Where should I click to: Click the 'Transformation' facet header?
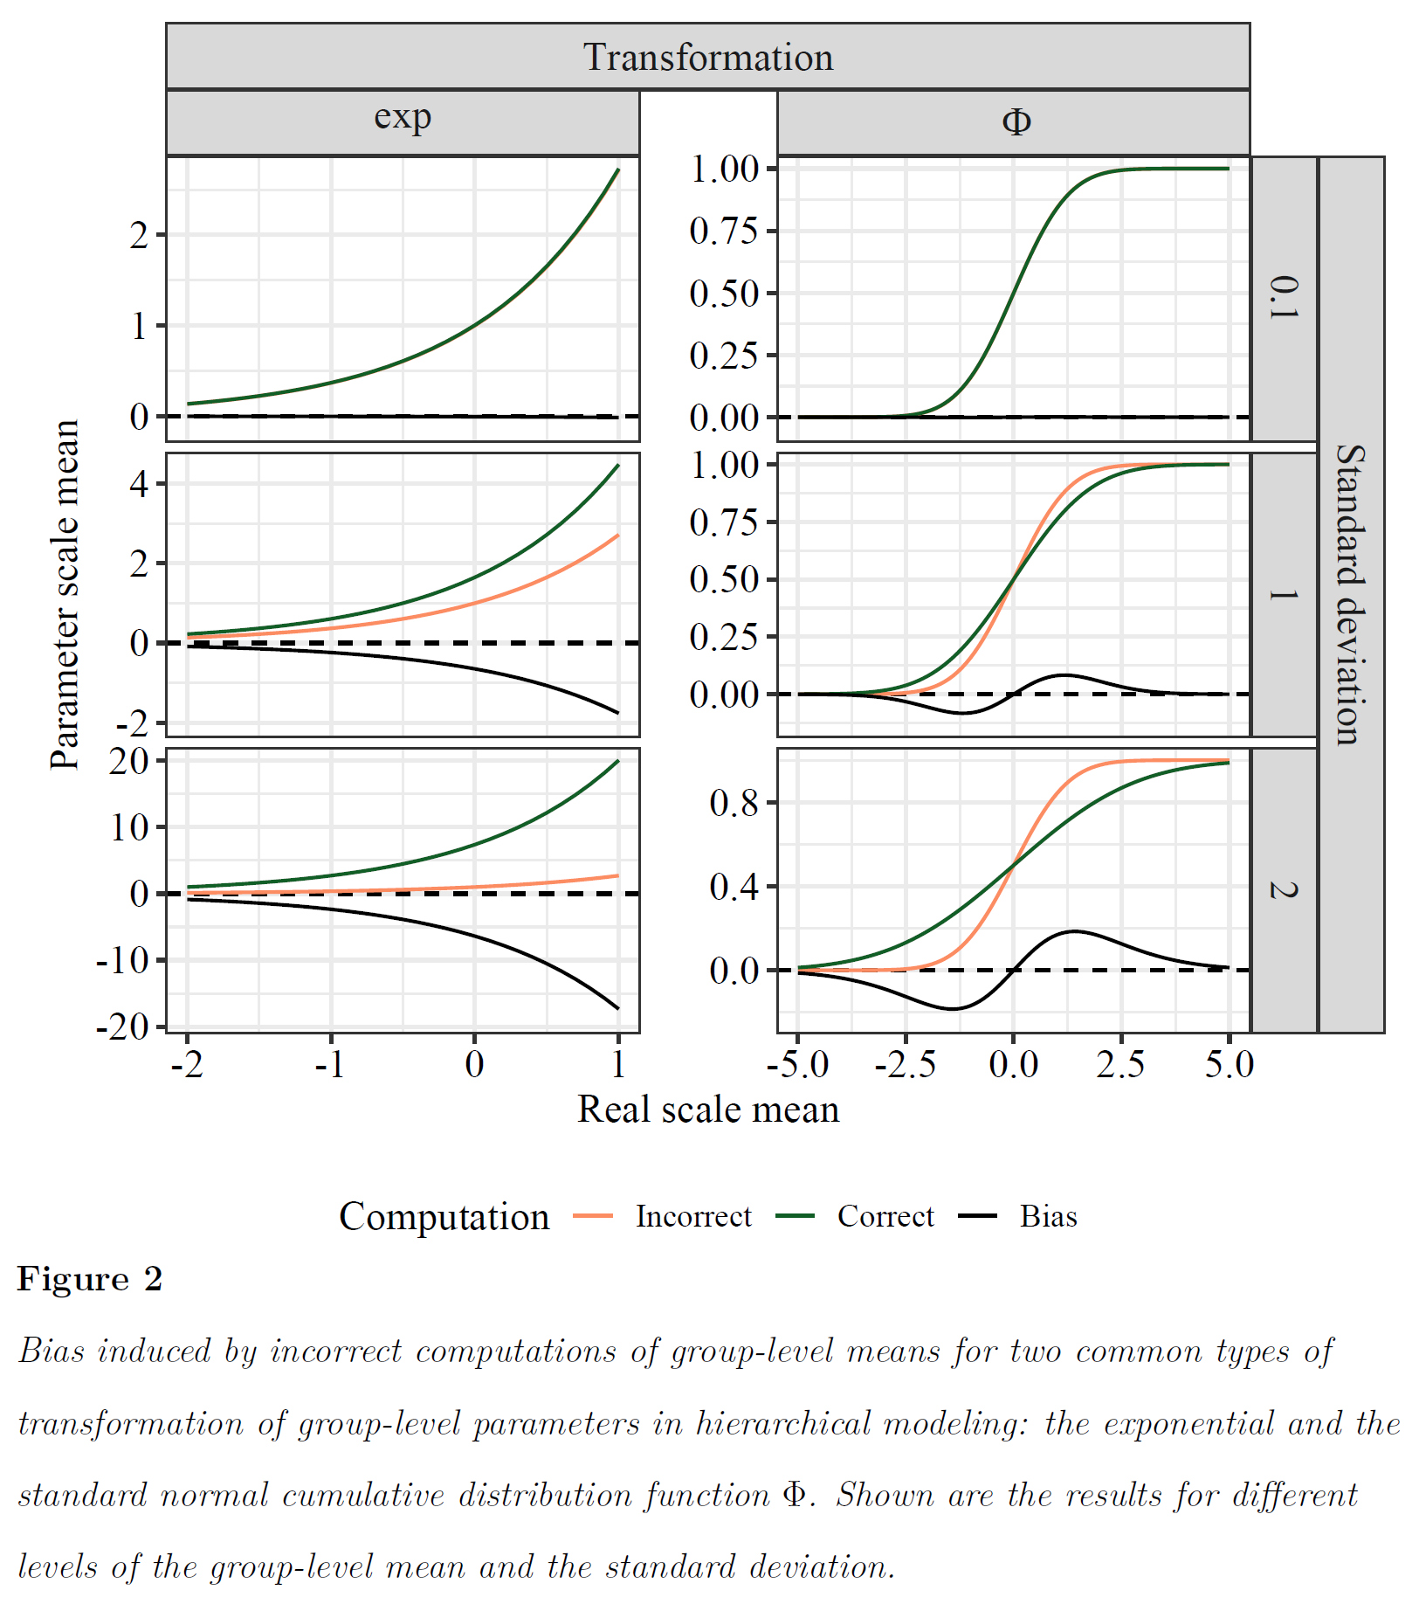pos(707,58)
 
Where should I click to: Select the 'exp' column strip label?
pos(403,118)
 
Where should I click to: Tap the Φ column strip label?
pos(1016,121)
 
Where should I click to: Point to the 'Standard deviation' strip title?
pos(1350,594)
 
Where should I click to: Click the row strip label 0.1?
pos(1284,298)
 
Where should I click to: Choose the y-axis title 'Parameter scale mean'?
pos(65,594)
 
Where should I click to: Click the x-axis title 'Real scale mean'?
pos(707,1110)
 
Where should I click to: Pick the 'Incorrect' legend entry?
pos(692,1216)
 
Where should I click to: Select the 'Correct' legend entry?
pos(885,1216)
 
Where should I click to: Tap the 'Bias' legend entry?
pos(1048,1216)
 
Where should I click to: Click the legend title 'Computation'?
pos(444,1216)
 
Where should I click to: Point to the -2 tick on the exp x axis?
pos(187,1064)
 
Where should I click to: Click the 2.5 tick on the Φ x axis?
pos(1121,1064)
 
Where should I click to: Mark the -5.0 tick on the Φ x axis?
pos(797,1064)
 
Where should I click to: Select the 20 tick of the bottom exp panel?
pos(128,761)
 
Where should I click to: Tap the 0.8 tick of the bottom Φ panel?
pos(734,803)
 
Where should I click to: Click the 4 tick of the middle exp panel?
pos(139,483)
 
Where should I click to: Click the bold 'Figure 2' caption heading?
pos(90,1279)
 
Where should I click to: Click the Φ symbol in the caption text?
pos(794,1495)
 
